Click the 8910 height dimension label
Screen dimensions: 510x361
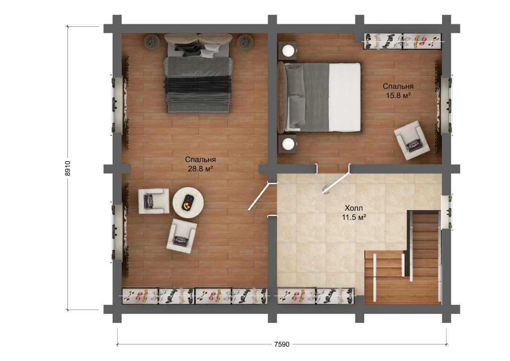coord(68,168)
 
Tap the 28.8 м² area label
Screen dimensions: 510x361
coord(200,169)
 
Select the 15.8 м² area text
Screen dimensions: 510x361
coord(398,95)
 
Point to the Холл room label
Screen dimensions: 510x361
coord(354,208)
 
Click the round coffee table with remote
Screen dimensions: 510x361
coord(188,203)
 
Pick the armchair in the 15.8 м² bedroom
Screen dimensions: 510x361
coord(412,140)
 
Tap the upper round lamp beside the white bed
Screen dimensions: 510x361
coord(288,51)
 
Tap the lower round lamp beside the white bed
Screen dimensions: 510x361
coord(288,144)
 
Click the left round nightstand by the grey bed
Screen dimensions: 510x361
coord(152,43)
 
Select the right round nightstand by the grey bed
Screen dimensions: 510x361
coord(245,43)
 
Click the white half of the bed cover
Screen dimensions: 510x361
coord(345,97)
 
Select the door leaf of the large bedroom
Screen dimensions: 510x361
coord(259,196)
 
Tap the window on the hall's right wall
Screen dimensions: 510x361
coord(446,212)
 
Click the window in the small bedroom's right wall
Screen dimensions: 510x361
coord(446,105)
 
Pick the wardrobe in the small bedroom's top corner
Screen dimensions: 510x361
coord(402,41)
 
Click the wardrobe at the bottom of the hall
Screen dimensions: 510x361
coord(316,296)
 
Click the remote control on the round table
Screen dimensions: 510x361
coord(188,202)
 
